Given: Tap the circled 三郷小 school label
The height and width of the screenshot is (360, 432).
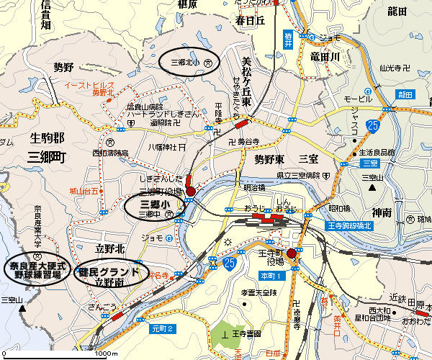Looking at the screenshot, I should [x=154, y=206].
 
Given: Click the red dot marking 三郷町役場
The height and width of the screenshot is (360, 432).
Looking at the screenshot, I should [x=191, y=192].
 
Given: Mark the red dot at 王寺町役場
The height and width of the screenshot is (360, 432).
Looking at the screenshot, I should [x=292, y=253].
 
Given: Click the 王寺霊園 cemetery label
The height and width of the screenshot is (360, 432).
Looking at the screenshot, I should [x=247, y=335].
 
